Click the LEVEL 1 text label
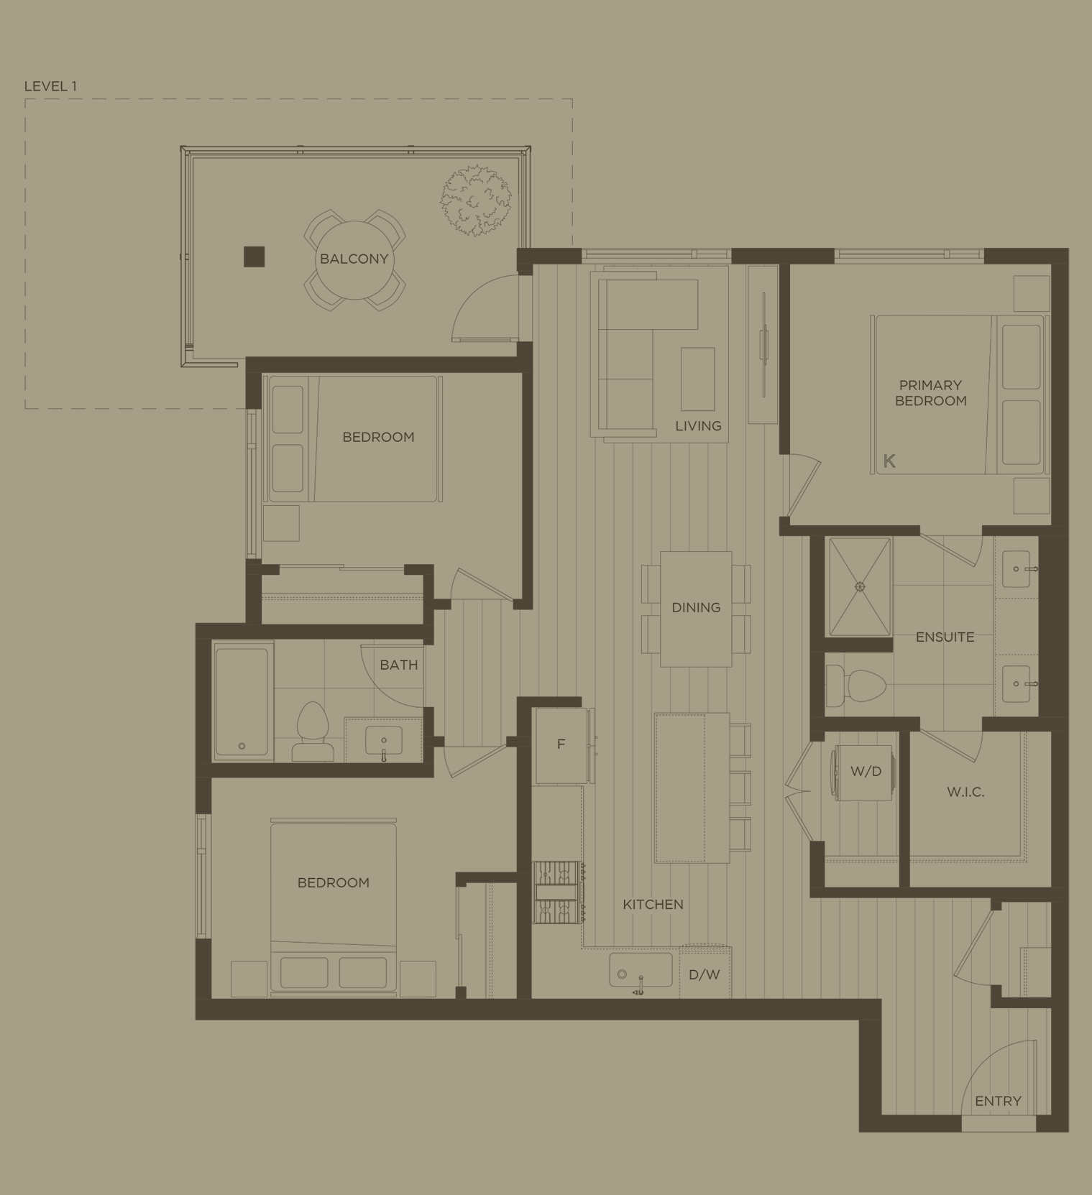point(50,86)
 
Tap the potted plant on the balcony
point(475,200)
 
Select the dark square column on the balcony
point(254,257)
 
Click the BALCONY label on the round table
point(354,259)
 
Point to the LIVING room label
point(698,426)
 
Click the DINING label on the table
point(696,608)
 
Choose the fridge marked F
point(561,744)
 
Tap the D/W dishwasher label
point(704,975)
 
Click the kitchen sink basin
point(640,970)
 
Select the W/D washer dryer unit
point(865,772)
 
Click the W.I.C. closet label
point(965,792)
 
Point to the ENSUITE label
point(945,637)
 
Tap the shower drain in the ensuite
point(860,586)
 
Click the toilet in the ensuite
point(855,686)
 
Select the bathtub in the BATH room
point(242,701)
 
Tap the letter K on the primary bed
point(889,461)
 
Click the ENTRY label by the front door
point(998,1101)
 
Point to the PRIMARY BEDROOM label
point(930,393)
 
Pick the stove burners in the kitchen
point(558,892)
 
